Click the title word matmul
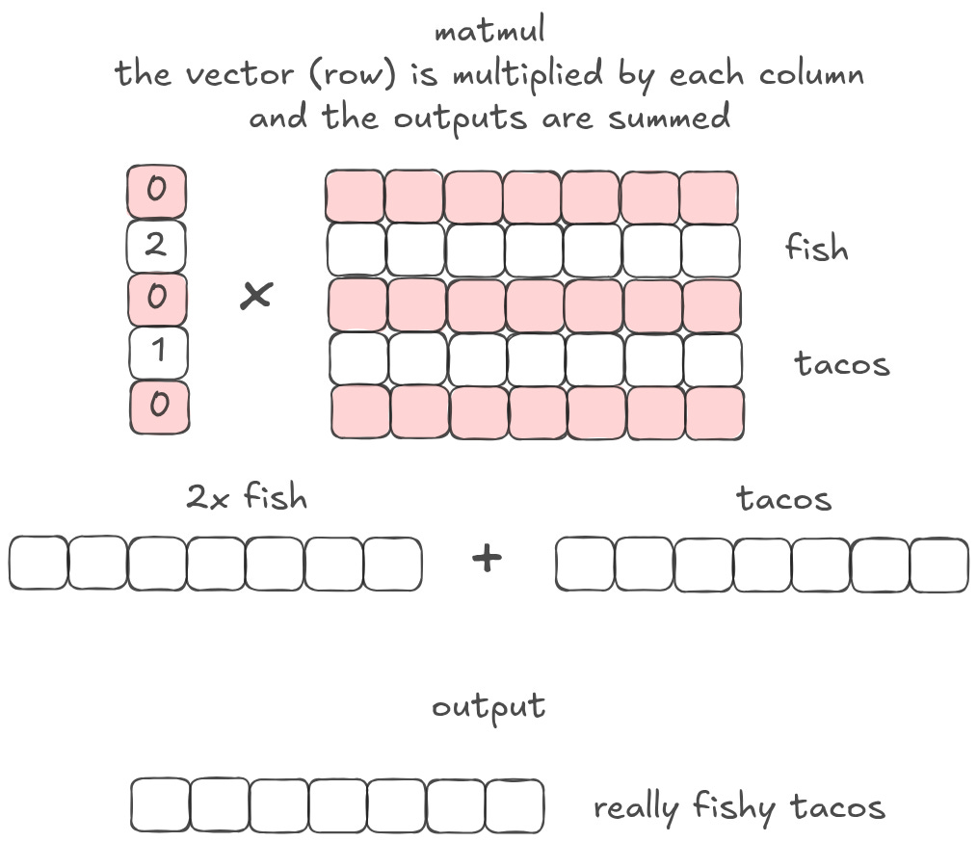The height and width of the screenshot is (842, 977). [x=490, y=31]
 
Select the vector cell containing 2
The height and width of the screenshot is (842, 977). [x=156, y=246]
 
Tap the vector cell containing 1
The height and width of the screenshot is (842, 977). [x=158, y=352]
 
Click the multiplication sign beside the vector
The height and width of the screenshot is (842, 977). [x=255, y=296]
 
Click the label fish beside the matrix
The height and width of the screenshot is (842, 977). [x=816, y=250]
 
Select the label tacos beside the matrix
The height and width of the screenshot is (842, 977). [x=841, y=364]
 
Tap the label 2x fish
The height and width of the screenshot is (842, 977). [x=247, y=498]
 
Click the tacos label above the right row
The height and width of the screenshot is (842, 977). [x=783, y=498]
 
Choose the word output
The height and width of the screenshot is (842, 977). [x=488, y=708]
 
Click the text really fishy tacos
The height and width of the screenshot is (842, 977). [x=739, y=807]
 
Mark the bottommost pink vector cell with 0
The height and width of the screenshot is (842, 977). [x=159, y=406]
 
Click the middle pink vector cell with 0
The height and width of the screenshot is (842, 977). [x=157, y=298]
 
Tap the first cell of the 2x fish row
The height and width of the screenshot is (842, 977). [x=39, y=564]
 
